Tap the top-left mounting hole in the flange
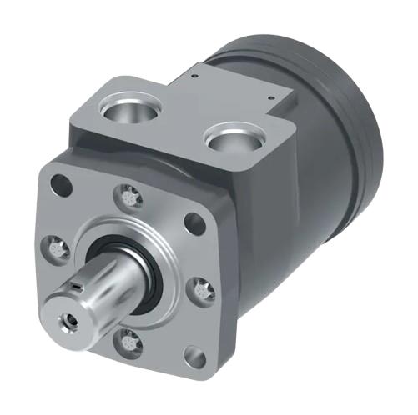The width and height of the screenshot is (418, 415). [x=58, y=181]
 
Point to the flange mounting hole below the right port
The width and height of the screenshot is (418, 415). [x=194, y=222]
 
